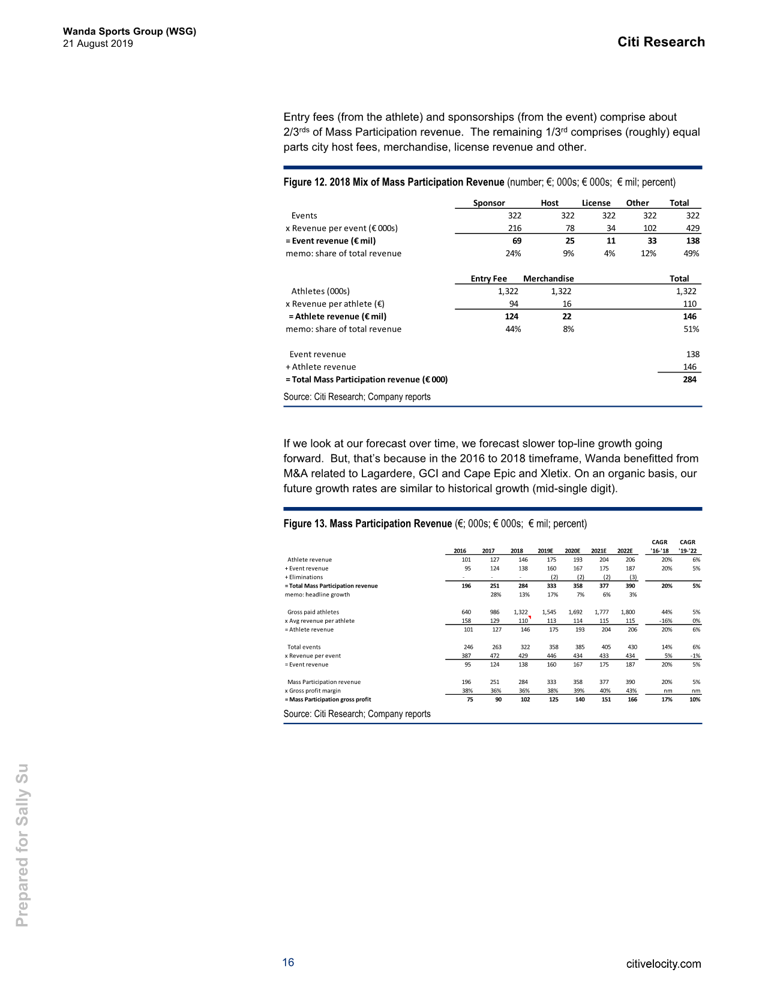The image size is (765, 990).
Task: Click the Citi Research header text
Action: [661, 42]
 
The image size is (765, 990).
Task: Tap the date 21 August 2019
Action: [98, 44]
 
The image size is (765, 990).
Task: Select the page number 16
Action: [288, 962]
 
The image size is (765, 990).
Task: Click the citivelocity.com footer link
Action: [663, 964]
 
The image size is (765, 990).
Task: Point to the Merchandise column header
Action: [548, 278]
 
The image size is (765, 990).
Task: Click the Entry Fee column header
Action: [488, 278]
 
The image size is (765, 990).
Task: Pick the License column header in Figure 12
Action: [596, 203]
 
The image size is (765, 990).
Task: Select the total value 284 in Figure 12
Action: [689, 379]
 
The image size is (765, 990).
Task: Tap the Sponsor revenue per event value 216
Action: [514, 228]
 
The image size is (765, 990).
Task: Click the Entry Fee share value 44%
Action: [513, 329]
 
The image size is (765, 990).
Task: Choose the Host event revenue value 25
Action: [569, 241]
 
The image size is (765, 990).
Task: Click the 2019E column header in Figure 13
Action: [545, 551]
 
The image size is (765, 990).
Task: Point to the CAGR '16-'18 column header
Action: [659, 547]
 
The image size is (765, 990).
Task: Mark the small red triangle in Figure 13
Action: [530, 617]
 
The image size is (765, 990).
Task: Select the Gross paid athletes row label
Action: [313, 612]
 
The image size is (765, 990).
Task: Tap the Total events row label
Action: [304, 647]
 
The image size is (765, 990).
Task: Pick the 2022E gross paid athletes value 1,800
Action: [628, 612]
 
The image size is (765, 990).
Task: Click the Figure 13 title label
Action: [367, 524]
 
